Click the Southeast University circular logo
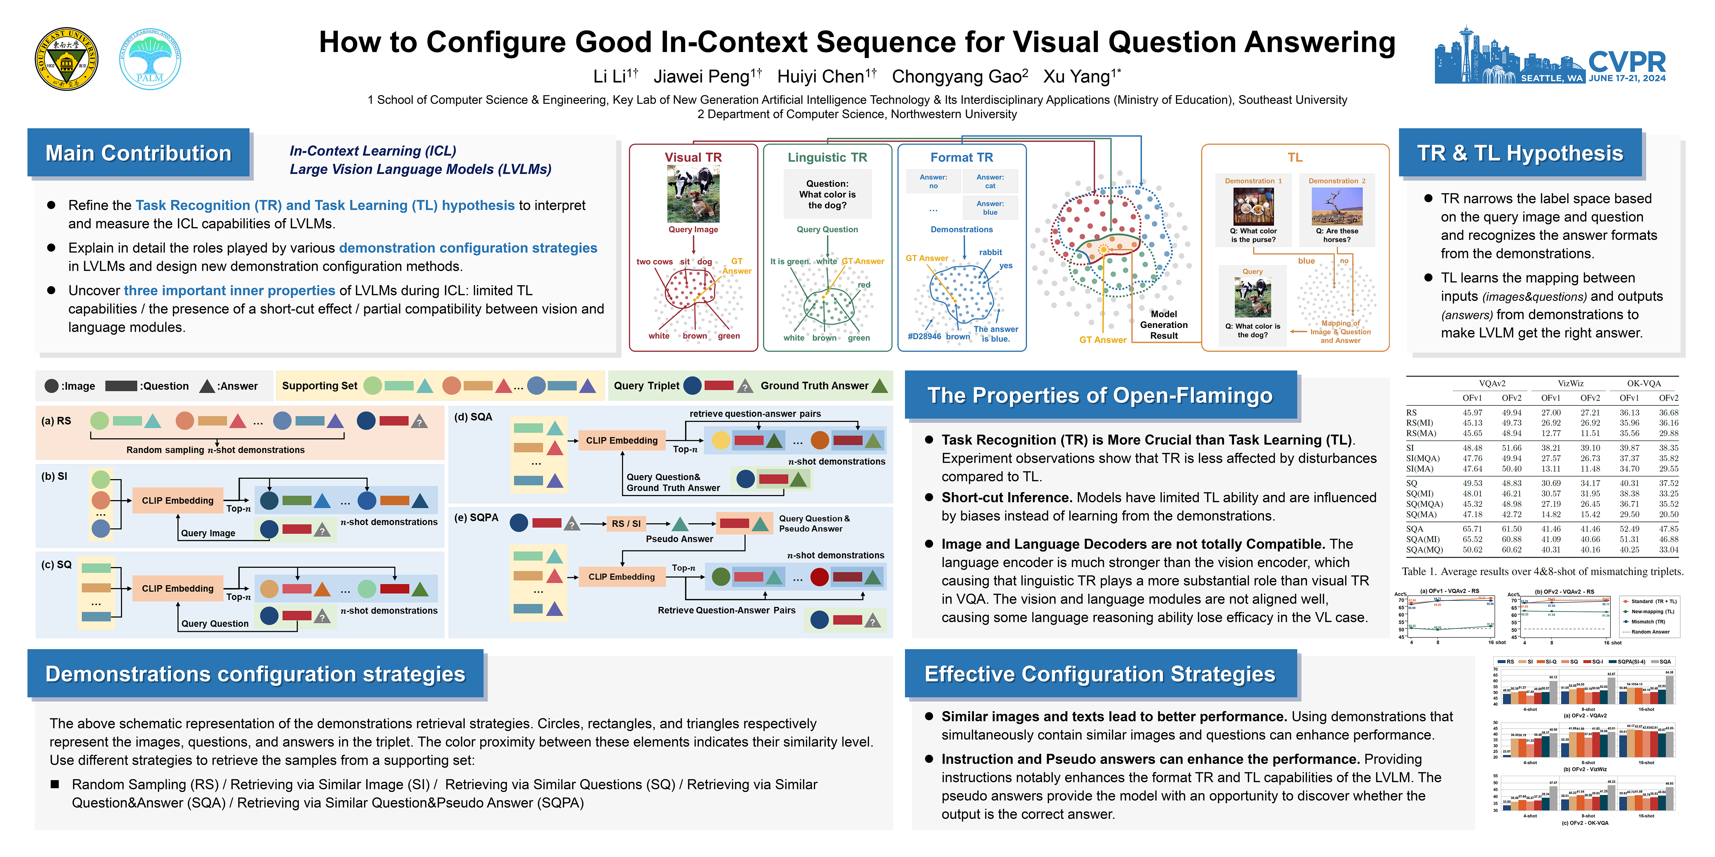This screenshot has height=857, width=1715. click(x=67, y=59)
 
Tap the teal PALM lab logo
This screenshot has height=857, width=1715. click(x=150, y=59)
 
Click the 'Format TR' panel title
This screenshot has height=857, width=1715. click(x=962, y=157)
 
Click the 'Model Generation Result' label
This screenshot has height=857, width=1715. click(x=1164, y=325)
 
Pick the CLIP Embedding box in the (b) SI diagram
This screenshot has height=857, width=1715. click(x=178, y=500)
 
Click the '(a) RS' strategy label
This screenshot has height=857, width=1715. click(x=56, y=420)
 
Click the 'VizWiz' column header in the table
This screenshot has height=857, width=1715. click(x=1571, y=383)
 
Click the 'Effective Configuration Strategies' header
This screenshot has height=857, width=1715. click(x=1100, y=674)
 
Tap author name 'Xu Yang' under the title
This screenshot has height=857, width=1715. click(x=1077, y=77)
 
